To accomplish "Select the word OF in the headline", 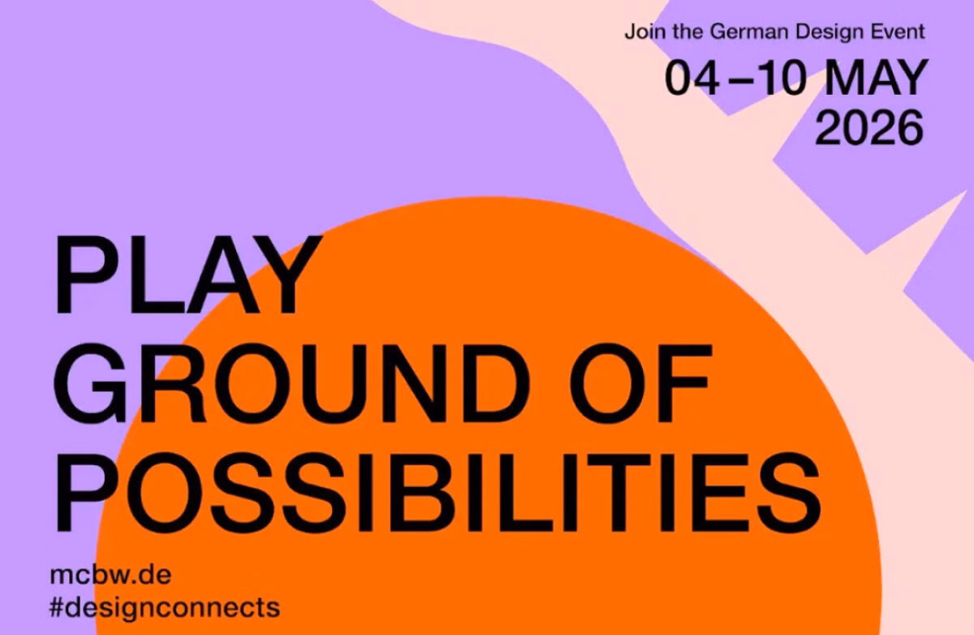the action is click(x=640, y=383).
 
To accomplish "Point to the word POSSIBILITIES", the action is click(x=437, y=492).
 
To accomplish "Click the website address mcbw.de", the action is click(x=111, y=575).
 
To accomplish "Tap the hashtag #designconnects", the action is click(x=165, y=607).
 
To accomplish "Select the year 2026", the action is click(x=868, y=127).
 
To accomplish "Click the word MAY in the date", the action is click(x=876, y=77).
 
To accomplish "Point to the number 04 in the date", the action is click(x=692, y=77).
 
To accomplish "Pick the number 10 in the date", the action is click(x=780, y=77).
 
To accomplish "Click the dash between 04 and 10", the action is click(x=738, y=80).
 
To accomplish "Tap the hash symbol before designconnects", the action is click(x=57, y=607).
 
